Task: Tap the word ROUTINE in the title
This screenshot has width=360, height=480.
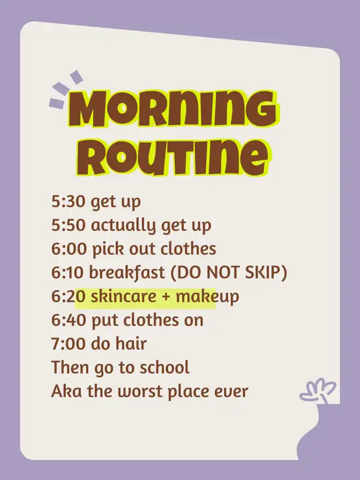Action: pyautogui.click(x=172, y=157)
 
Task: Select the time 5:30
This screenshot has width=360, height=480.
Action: pyautogui.click(x=68, y=201)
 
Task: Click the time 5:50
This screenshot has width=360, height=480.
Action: pyautogui.click(x=68, y=225)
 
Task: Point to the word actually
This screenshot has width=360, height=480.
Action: pyautogui.click(x=124, y=226)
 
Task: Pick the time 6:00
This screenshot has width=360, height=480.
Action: pyautogui.click(x=69, y=249)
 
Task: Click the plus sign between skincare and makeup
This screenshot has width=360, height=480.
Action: pyautogui.click(x=166, y=297)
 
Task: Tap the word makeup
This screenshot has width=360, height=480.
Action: pyautogui.click(x=207, y=297)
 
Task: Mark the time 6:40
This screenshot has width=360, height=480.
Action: pyautogui.click(x=69, y=320)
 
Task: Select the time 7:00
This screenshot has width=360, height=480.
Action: pyautogui.click(x=69, y=344)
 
